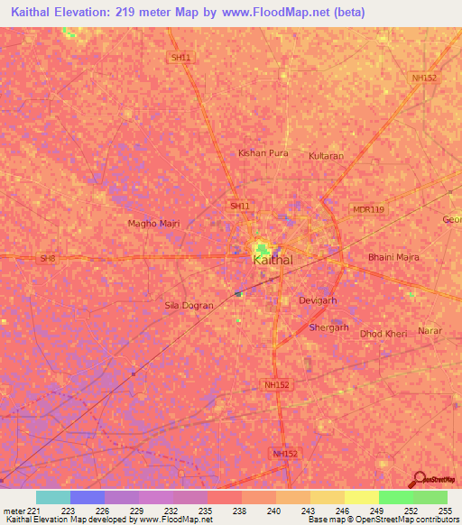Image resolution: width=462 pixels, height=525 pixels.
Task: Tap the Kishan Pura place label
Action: point(263,153)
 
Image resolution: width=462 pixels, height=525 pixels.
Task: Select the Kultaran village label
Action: point(326,156)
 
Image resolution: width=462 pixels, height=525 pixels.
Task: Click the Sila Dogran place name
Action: point(189,306)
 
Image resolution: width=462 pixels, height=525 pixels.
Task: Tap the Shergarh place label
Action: point(328,327)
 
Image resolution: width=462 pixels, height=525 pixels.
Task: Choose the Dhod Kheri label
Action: point(383,334)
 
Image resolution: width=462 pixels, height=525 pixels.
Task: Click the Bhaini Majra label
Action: point(393,257)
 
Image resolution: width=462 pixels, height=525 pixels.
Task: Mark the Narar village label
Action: point(430,331)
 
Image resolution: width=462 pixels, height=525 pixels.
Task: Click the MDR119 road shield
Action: point(368,209)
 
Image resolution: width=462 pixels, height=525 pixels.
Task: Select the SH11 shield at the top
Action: point(180,58)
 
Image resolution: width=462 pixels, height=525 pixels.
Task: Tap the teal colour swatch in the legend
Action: point(53,497)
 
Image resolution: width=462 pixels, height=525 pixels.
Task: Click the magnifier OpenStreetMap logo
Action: point(420,479)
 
